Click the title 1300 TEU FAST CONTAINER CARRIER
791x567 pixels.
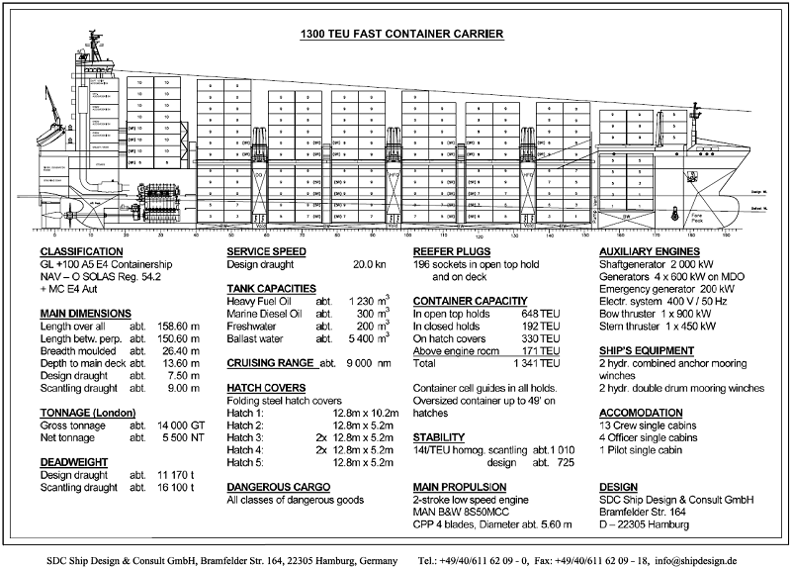pos(401,34)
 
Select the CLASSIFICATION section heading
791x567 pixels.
pos(81,252)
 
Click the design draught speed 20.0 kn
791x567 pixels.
pos(369,265)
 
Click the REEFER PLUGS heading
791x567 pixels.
pos(452,252)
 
